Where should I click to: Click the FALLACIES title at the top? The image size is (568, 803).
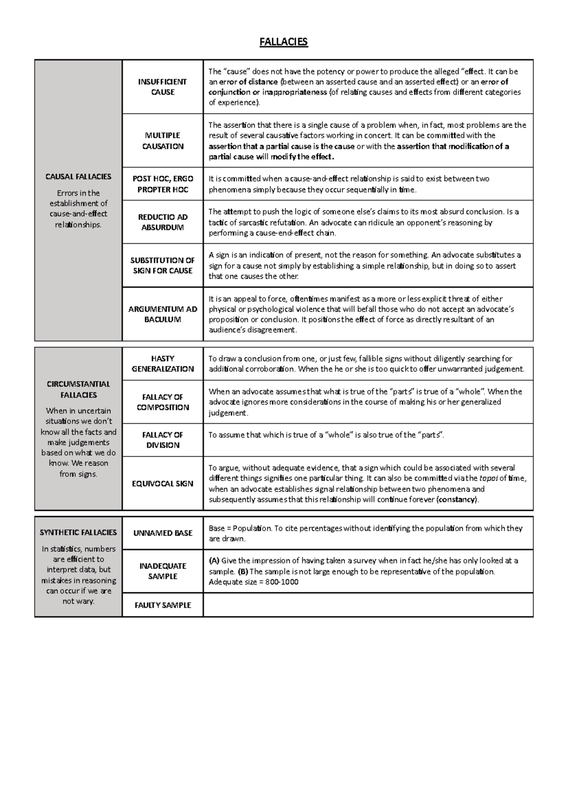click(284, 42)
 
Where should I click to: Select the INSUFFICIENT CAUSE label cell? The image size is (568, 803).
click(162, 87)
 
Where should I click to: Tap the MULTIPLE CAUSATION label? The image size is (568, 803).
click(162, 141)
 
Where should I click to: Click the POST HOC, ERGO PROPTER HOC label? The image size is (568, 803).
click(162, 184)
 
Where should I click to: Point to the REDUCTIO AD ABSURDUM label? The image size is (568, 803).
click(162, 222)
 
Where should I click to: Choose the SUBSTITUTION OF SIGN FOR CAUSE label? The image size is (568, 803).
click(162, 265)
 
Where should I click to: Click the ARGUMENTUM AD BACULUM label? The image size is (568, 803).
click(162, 314)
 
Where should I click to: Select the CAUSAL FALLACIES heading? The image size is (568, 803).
click(78, 177)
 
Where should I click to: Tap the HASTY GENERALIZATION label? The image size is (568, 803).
click(162, 364)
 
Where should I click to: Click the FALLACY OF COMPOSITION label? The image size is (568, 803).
click(162, 402)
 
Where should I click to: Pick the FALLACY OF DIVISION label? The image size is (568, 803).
click(162, 440)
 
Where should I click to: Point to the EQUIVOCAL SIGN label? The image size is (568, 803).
click(162, 483)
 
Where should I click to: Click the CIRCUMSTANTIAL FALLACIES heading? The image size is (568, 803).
click(78, 389)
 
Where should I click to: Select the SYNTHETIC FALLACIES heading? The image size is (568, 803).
click(78, 532)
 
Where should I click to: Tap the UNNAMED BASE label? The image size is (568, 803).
click(162, 533)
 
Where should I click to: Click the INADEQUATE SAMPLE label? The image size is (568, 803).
click(162, 571)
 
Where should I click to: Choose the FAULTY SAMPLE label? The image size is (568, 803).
click(162, 605)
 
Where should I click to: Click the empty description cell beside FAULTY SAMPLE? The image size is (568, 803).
click(368, 605)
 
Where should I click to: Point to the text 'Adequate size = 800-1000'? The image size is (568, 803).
click(253, 582)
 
